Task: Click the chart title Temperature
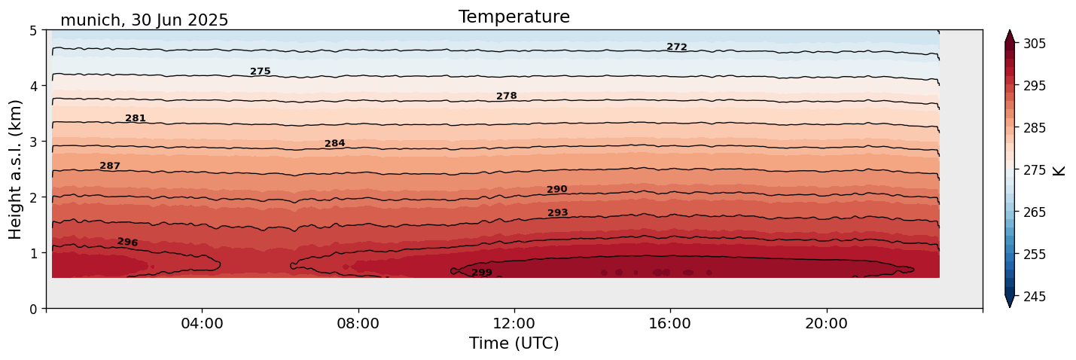[514, 17]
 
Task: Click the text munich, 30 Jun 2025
[144, 20]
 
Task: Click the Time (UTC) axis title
[514, 343]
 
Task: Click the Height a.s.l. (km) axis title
[16, 169]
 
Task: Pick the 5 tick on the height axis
[33, 31]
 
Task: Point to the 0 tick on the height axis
[33, 309]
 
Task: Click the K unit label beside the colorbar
[1060, 170]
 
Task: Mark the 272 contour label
[677, 47]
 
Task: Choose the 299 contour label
[482, 273]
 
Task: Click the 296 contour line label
[128, 242]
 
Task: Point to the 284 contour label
[335, 143]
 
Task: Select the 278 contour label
[507, 96]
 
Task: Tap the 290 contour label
[557, 189]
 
